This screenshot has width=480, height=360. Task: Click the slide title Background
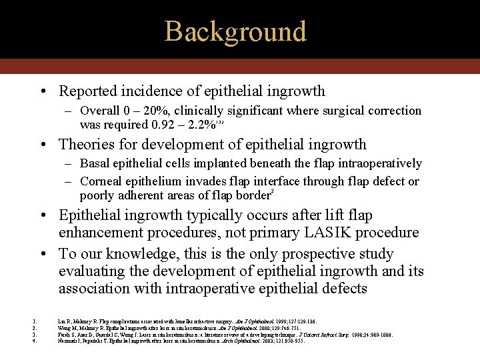(x=235, y=31)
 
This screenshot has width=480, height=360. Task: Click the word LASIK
(x=306, y=232)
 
